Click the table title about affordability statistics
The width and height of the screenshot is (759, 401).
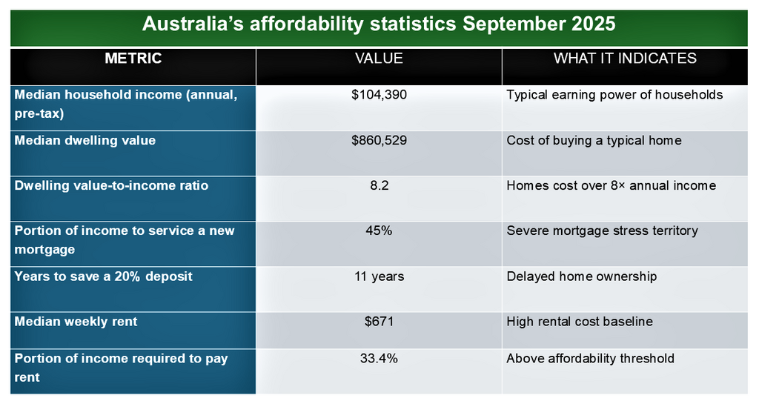(x=379, y=24)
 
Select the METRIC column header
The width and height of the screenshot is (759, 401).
(x=133, y=59)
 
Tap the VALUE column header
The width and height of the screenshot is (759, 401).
(x=379, y=59)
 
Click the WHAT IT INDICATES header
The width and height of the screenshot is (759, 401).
(x=625, y=59)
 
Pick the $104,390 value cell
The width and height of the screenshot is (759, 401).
(x=379, y=95)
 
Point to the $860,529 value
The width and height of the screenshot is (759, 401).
(x=379, y=140)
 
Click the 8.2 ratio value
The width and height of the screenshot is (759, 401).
(x=379, y=185)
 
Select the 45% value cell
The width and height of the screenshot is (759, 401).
(x=379, y=231)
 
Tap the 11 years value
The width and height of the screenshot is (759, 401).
(x=379, y=276)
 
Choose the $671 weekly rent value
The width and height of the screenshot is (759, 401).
(x=379, y=322)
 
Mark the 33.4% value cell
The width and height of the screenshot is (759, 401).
(x=379, y=359)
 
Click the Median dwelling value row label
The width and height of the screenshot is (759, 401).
(x=85, y=140)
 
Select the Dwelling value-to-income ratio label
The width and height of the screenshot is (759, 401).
(x=111, y=185)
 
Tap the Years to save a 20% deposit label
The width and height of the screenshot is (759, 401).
(x=103, y=276)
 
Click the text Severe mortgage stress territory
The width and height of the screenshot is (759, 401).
(x=602, y=231)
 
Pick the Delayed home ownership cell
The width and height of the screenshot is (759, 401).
(x=581, y=276)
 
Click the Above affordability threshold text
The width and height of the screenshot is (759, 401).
(x=590, y=359)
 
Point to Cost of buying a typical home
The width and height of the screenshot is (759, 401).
(x=594, y=140)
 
